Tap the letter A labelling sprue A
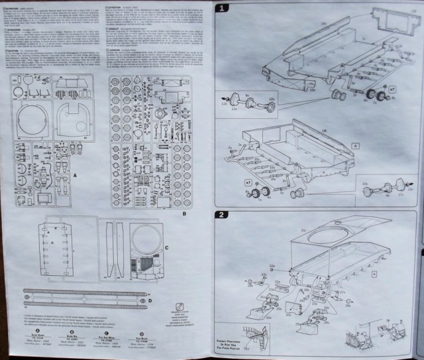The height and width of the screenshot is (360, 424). [77, 174]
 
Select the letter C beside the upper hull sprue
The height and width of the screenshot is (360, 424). [168, 247]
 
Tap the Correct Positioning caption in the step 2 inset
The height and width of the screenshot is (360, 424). [233, 340]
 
